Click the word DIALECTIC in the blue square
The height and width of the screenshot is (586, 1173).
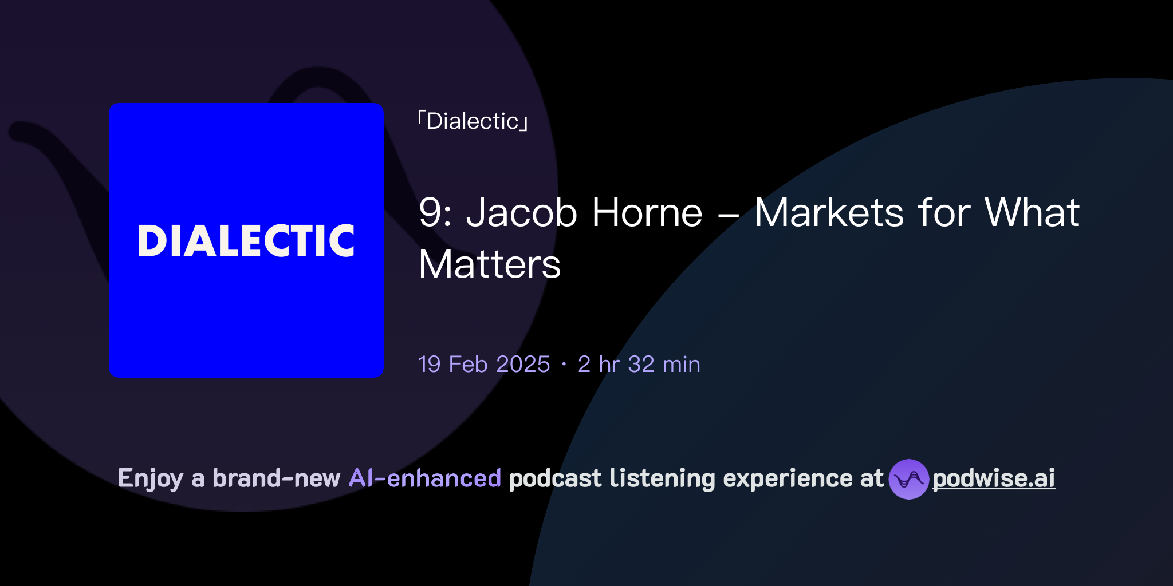pyautogui.click(x=246, y=240)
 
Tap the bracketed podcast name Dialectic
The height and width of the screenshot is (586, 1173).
pyautogui.click(x=473, y=121)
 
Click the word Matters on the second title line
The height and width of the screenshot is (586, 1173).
pyautogui.click(x=490, y=264)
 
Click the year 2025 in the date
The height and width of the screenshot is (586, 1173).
pyautogui.click(x=522, y=365)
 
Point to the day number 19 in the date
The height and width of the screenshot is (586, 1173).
pyautogui.click(x=430, y=365)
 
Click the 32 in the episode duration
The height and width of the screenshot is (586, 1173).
pyautogui.click(x=641, y=365)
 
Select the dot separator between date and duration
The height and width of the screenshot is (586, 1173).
pyautogui.click(x=564, y=365)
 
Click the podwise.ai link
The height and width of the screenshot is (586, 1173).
pyautogui.click(x=994, y=478)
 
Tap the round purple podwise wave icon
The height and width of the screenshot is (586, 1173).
pyautogui.click(x=908, y=479)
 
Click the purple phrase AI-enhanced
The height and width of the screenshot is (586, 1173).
pyautogui.click(x=425, y=478)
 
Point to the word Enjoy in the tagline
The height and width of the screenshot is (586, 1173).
pyautogui.click(x=150, y=478)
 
